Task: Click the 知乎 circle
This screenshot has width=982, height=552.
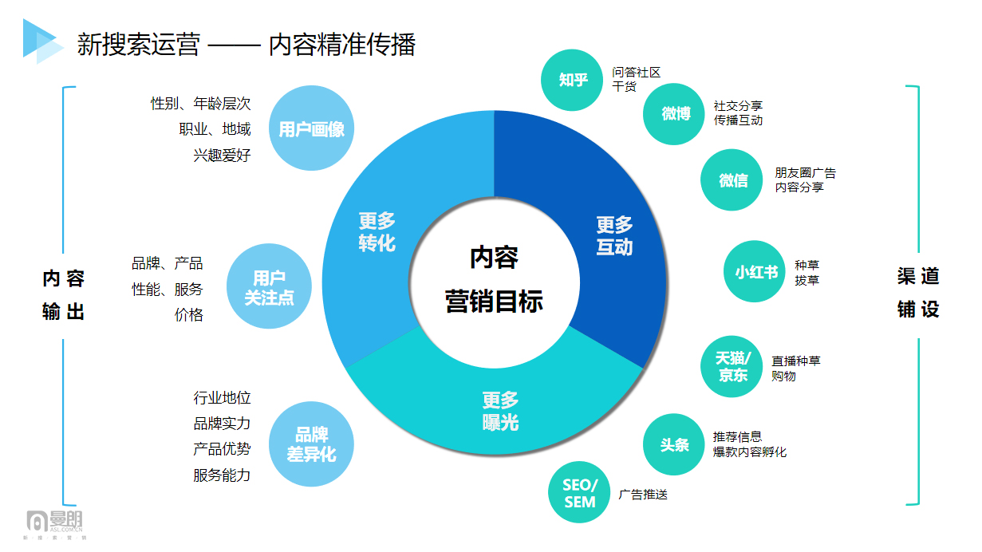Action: point(572,80)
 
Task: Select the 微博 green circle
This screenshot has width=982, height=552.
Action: point(674,114)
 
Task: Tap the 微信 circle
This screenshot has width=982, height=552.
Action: point(732,180)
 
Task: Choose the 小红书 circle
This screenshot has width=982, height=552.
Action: point(755,271)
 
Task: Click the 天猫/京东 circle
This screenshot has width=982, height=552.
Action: point(732,367)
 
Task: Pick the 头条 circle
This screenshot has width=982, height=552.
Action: point(674,444)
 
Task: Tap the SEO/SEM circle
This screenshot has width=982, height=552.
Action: point(579,492)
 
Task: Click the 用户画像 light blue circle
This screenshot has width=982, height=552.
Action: point(311,128)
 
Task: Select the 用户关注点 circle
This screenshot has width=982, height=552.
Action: point(269,286)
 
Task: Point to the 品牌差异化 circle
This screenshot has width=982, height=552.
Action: point(311,444)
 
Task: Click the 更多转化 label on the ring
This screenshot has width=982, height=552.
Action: point(377,231)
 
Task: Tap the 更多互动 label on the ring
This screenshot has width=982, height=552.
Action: point(614,235)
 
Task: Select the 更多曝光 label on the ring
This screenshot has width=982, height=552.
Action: point(500,412)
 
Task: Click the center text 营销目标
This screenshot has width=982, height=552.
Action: point(494,302)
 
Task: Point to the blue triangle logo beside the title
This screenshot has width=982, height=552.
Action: point(43,41)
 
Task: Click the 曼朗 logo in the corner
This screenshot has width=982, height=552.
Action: point(54,524)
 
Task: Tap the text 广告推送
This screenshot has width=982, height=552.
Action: point(643,495)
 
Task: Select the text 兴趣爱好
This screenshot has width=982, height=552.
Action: point(222,155)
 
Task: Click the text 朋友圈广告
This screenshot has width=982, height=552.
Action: point(806,173)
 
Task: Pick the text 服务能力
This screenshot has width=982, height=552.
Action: point(222,475)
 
